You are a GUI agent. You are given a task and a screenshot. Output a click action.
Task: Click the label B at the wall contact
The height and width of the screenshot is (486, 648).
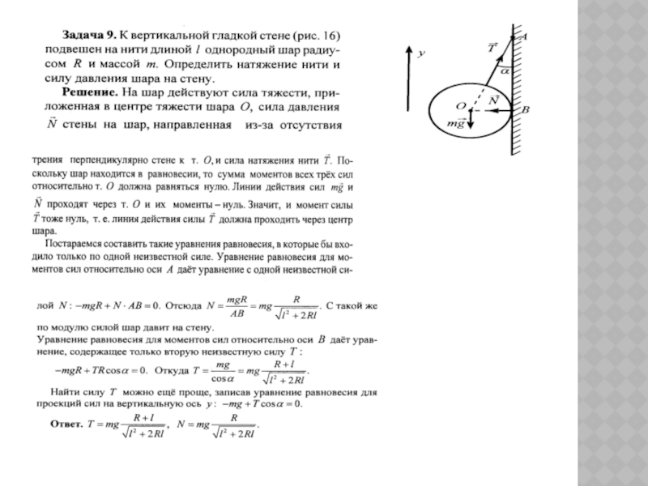[x=526, y=109]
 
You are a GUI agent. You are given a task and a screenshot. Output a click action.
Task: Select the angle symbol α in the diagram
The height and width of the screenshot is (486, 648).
[x=504, y=71]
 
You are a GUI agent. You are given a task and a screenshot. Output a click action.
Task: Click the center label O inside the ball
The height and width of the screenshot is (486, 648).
[x=460, y=105]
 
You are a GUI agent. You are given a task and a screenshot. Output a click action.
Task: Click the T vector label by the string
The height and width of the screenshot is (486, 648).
[x=492, y=48]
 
